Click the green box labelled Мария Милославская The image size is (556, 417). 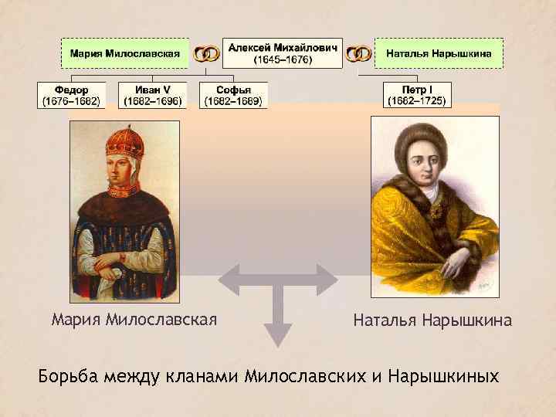click(126, 53)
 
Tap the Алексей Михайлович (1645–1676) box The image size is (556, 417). click(283, 53)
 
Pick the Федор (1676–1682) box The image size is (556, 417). click(70, 95)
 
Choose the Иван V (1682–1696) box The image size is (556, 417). click(152, 95)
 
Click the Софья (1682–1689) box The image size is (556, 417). click(233, 95)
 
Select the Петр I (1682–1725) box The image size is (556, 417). click(417, 95)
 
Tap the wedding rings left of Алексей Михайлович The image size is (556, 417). click(206, 54)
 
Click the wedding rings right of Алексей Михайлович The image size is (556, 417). click(358, 54)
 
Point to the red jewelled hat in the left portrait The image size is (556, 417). click(123, 144)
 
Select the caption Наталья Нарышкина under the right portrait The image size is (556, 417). click(432, 320)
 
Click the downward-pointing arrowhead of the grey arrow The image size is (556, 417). click(278, 334)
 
